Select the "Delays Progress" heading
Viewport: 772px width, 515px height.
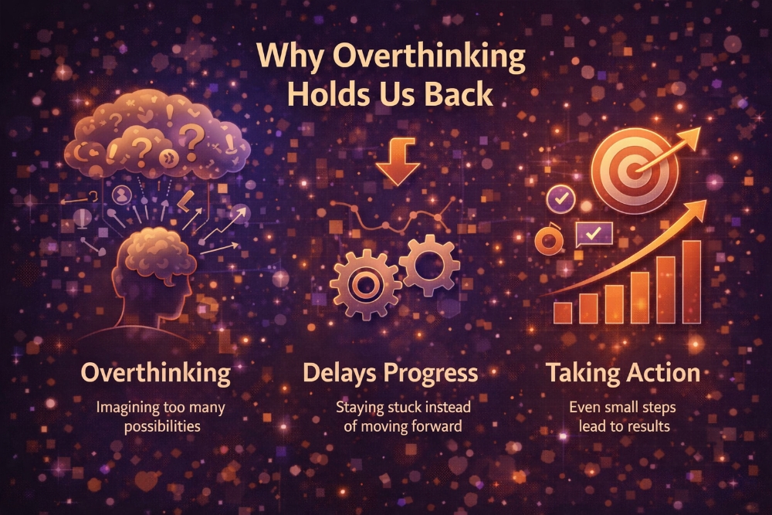click(390, 374)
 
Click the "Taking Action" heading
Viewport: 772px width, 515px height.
click(623, 374)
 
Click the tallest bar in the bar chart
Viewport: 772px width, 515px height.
click(691, 281)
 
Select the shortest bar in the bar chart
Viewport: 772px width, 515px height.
click(564, 313)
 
